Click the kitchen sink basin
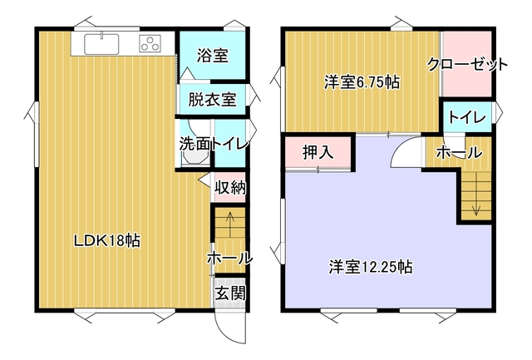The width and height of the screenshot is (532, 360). pos(101,44)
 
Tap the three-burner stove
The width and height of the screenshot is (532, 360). pos(150,44)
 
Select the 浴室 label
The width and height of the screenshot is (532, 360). pos(213,56)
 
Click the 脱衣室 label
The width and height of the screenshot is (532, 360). pos(212,100)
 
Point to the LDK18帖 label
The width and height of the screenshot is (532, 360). pos(107,241)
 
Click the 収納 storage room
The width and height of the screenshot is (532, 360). pos(230,187)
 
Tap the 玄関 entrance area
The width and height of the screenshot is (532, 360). pos(230,293)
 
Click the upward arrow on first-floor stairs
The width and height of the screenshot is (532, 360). pos(230,224)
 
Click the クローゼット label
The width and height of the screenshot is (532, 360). pos(467,64)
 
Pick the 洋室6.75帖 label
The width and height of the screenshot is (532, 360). pos(362,82)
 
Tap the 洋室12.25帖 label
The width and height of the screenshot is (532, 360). pos(371,267)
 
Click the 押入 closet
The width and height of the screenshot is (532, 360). pos(318,152)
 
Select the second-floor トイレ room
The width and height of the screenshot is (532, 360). pos(468,116)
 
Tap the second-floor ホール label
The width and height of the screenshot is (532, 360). pos(459,152)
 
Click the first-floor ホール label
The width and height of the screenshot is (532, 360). pos(229,259)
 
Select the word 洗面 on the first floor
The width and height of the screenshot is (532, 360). pos(195,144)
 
